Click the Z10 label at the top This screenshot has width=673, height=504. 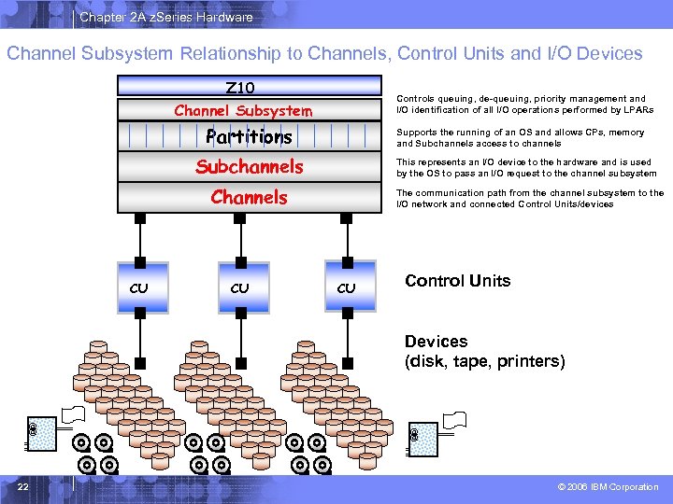tap(240, 88)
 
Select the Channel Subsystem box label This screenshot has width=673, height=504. tap(243, 111)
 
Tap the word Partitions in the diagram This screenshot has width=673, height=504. tap(249, 137)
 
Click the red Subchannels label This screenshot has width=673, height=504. tap(249, 167)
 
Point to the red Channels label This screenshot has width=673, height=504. tap(249, 197)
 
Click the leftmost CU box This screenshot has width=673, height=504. tap(138, 287)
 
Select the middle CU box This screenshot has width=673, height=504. tap(239, 287)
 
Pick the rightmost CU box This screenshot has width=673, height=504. tap(346, 287)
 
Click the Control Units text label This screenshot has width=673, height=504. tap(457, 281)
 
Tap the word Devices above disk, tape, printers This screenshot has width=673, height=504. tap(436, 342)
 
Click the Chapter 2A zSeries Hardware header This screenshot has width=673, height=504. tap(165, 17)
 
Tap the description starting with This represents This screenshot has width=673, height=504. tap(526, 167)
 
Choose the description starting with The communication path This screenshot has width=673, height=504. tap(530, 198)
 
